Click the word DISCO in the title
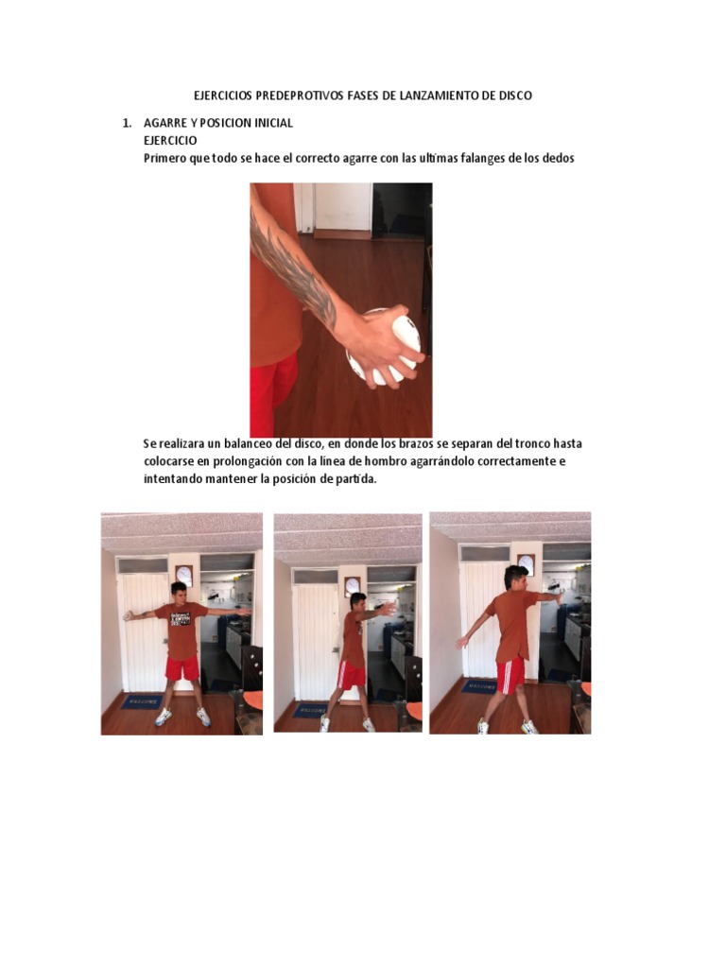[x=515, y=95]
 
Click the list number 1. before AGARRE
[x=128, y=123]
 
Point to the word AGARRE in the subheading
[x=165, y=123]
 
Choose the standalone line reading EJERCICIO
[x=170, y=140]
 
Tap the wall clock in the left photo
[x=184, y=575]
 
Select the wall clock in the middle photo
[x=353, y=585]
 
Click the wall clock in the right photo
[x=526, y=564]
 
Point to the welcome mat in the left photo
[x=142, y=702]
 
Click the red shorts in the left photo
[x=182, y=668]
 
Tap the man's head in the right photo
[x=516, y=578]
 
